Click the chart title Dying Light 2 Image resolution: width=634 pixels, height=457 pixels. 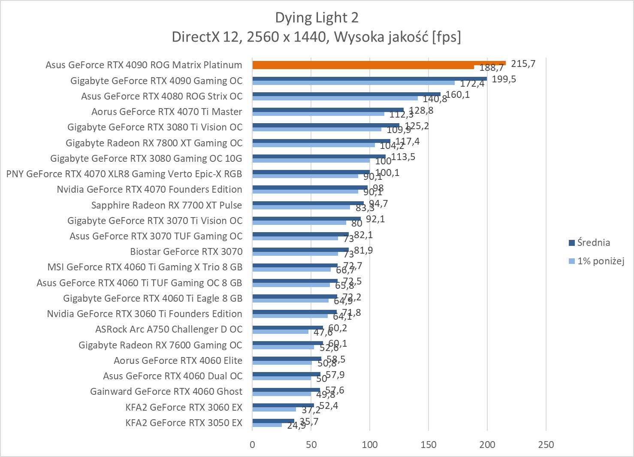pos(317,18)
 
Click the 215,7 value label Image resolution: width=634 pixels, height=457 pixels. pos(523,64)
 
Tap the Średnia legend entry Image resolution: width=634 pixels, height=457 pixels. pos(593,242)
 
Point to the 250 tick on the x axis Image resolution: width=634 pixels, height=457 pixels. pos(546,445)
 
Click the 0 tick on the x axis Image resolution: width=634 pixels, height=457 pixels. pos(252,445)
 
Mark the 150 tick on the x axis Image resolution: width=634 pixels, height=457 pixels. pos(428,445)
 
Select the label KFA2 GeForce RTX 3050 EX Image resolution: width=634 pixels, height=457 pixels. pos(184,423)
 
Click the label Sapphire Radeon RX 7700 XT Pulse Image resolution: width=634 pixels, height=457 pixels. pos(166,205)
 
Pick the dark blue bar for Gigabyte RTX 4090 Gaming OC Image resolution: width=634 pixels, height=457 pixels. pos(369,79)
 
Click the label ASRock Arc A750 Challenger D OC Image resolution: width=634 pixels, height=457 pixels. pos(169,329)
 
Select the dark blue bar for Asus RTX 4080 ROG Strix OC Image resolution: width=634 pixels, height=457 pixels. pos(346,94)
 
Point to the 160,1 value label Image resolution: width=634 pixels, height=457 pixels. pos(458,94)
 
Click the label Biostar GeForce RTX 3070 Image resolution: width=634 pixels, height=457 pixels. pos(186,251)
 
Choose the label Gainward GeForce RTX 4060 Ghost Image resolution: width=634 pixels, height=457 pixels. pos(166,391)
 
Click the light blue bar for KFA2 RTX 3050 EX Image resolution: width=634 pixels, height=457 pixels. pos(267,425)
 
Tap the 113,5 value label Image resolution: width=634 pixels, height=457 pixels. pos(403,157)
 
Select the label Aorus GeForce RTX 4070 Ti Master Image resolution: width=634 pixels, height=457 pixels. pos(166,112)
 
